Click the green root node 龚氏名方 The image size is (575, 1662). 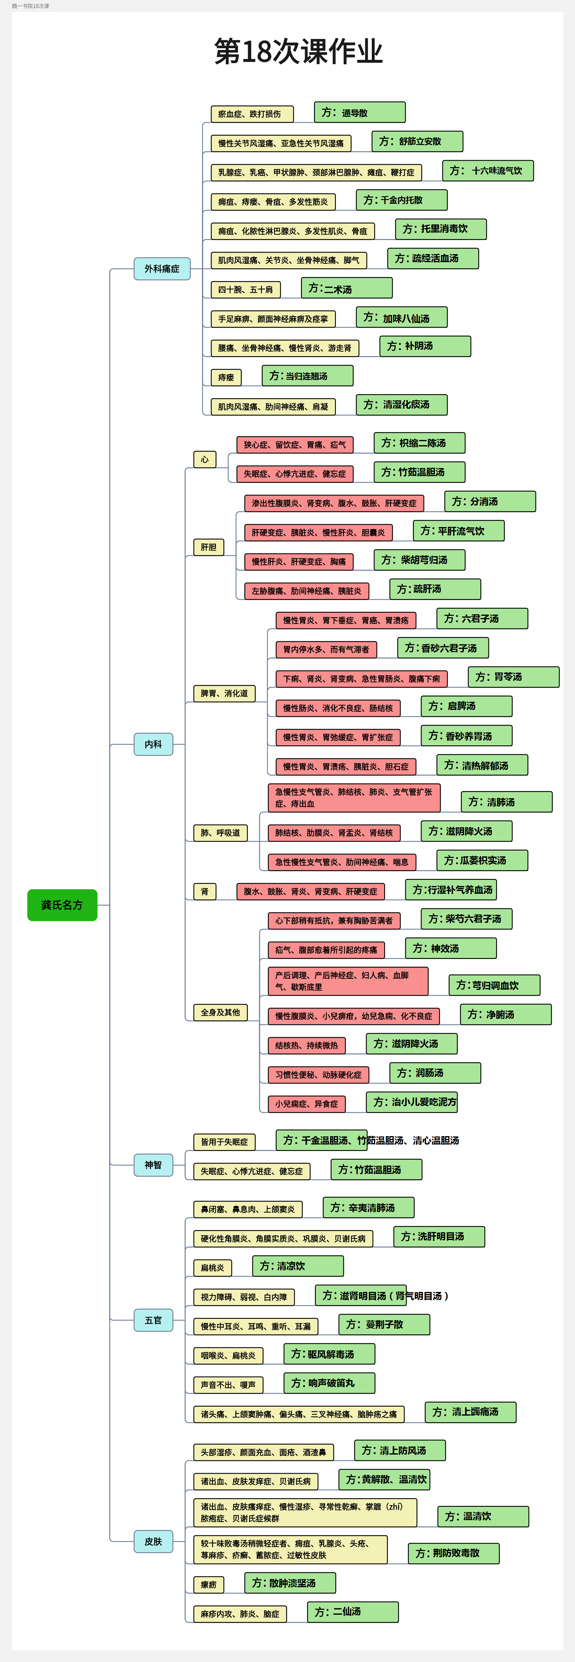(x=62, y=905)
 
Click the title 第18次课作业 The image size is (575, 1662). (x=298, y=52)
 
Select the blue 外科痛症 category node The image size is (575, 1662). (x=162, y=268)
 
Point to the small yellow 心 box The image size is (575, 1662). (x=204, y=459)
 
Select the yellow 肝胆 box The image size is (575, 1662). (x=208, y=547)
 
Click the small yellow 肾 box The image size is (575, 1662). (x=204, y=892)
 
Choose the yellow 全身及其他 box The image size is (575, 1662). (x=220, y=1012)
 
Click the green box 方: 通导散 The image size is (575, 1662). (x=359, y=112)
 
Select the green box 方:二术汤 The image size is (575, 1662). (x=346, y=288)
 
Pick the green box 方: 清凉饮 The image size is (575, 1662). (x=298, y=1266)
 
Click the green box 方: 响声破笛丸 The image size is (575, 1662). (x=329, y=1383)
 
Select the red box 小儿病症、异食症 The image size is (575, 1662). (x=307, y=1104)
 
